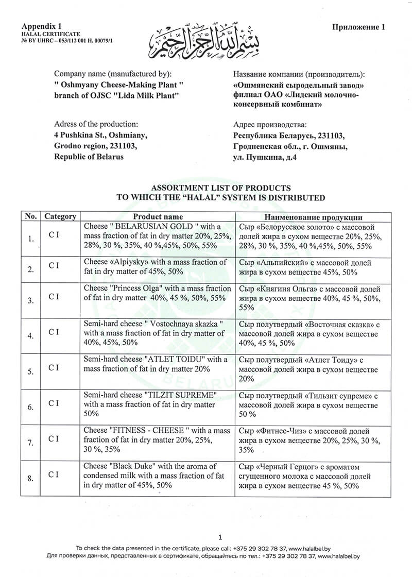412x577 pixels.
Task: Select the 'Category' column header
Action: tap(60, 217)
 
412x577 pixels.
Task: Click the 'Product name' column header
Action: tap(158, 217)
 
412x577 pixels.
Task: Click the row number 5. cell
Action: tap(31, 370)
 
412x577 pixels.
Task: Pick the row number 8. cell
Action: tap(31, 479)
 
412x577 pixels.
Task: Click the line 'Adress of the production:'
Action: tap(96, 124)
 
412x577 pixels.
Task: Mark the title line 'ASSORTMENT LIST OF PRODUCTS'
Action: tap(220, 188)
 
